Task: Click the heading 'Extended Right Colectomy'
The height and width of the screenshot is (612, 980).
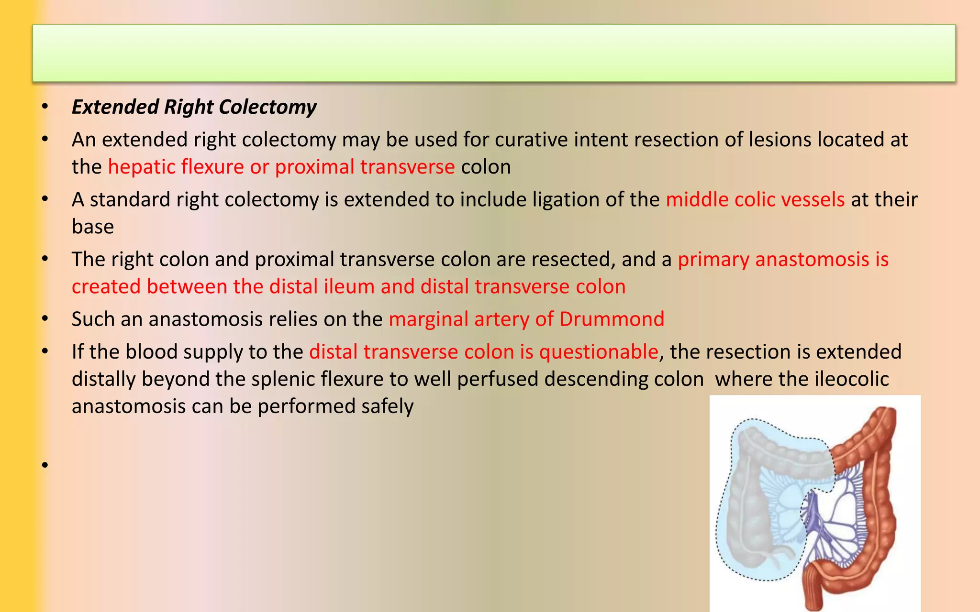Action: pyautogui.click(x=194, y=107)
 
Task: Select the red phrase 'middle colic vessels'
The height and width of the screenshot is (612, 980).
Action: pyautogui.click(x=755, y=199)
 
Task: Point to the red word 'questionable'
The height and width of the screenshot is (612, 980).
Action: pyautogui.click(x=598, y=352)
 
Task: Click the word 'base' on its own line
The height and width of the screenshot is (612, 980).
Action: pyautogui.click(x=93, y=227)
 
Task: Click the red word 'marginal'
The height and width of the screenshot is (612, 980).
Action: pyautogui.click(x=428, y=319)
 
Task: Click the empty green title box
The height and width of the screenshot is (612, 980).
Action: pyautogui.click(x=494, y=53)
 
